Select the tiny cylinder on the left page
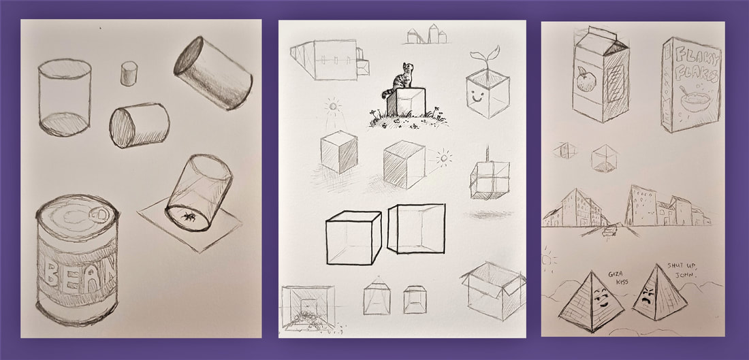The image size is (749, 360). point(129,74)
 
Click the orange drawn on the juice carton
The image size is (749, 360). point(585,80)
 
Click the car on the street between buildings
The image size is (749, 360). point(609,231)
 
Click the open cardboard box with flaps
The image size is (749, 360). point(493,291)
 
